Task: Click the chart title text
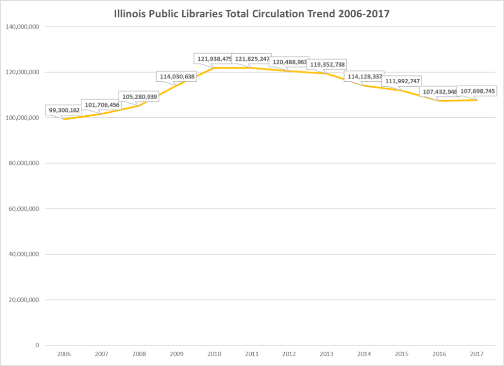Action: (252, 14)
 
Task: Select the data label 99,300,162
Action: (63, 110)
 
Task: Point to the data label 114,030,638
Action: (177, 76)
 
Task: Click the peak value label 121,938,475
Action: (213, 59)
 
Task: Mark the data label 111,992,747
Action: (402, 81)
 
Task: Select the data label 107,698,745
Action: (476, 91)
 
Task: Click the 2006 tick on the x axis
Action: (64, 354)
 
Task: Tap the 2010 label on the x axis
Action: (214, 354)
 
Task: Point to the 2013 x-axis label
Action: (326, 354)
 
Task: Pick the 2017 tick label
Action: (476, 354)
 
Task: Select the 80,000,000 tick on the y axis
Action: (24, 163)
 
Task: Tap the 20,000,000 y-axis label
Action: (24, 299)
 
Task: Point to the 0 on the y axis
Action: (37, 345)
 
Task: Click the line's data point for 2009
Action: (176, 86)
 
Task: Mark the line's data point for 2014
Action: (364, 85)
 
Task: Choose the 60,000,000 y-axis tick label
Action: (24, 209)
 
